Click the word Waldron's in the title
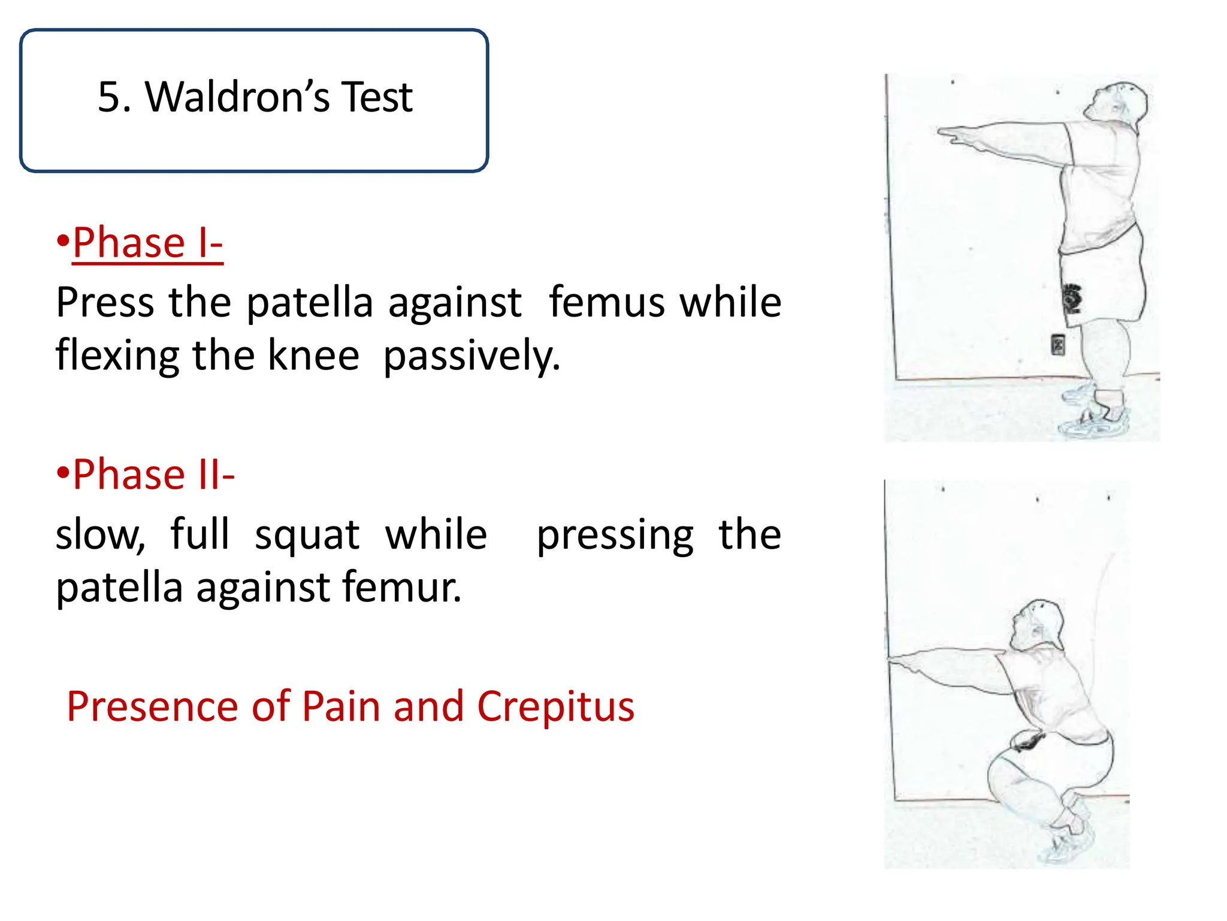[237, 97]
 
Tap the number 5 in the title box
[110, 97]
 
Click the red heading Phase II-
[153, 474]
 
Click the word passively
[472, 356]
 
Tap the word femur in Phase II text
[402, 587]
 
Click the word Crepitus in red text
[555, 706]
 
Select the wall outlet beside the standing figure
[1058, 345]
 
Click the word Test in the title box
[376, 97]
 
